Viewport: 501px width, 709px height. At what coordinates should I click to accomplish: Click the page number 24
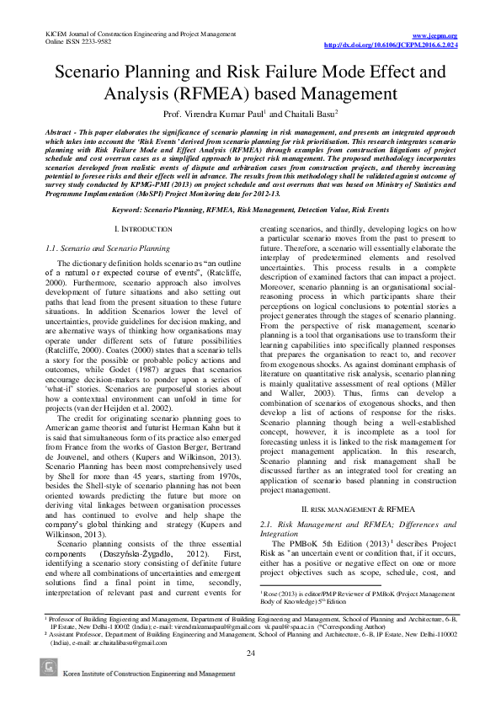[x=250, y=677]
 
